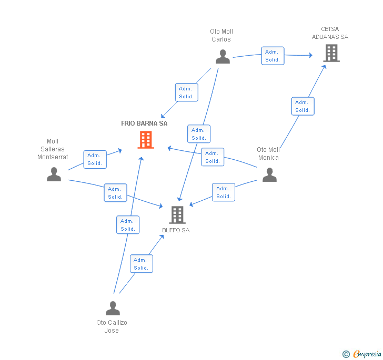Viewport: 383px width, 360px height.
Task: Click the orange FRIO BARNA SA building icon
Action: [x=146, y=140]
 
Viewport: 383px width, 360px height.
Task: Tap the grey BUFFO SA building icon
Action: [x=177, y=214]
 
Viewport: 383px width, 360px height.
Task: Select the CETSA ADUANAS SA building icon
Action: [x=331, y=53]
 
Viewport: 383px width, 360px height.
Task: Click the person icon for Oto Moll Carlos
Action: [x=223, y=57]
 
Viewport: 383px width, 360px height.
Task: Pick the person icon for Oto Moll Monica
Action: [x=269, y=175]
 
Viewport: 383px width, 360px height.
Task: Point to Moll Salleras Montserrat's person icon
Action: [x=54, y=174]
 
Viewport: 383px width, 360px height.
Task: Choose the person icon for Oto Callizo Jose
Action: [x=113, y=308]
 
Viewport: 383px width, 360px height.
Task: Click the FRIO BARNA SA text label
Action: [x=144, y=124]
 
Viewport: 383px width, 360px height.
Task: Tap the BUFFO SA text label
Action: [x=176, y=230]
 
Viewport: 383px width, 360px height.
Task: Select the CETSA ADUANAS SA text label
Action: [x=330, y=33]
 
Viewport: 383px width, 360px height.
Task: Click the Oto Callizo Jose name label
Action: [x=112, y=326]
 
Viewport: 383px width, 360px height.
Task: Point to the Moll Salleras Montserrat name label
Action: [x=53, y=149]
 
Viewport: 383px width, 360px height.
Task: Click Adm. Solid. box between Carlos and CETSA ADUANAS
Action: [x=273, y=56]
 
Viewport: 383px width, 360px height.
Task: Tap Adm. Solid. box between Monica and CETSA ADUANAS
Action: [x=303, y=106]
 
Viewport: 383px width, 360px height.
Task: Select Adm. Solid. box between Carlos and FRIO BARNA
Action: [x=186, y=92]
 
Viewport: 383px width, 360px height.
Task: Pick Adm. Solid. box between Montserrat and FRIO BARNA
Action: [x=95, y=159]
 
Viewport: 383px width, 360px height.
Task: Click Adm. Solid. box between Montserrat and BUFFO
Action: [x=115, y=193]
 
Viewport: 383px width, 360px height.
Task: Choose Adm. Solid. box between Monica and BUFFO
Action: [x=224, y=192]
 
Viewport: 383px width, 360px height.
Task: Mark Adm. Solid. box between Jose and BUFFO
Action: [x=141, y=264]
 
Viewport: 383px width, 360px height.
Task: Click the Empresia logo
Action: [x=362, y=354]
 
